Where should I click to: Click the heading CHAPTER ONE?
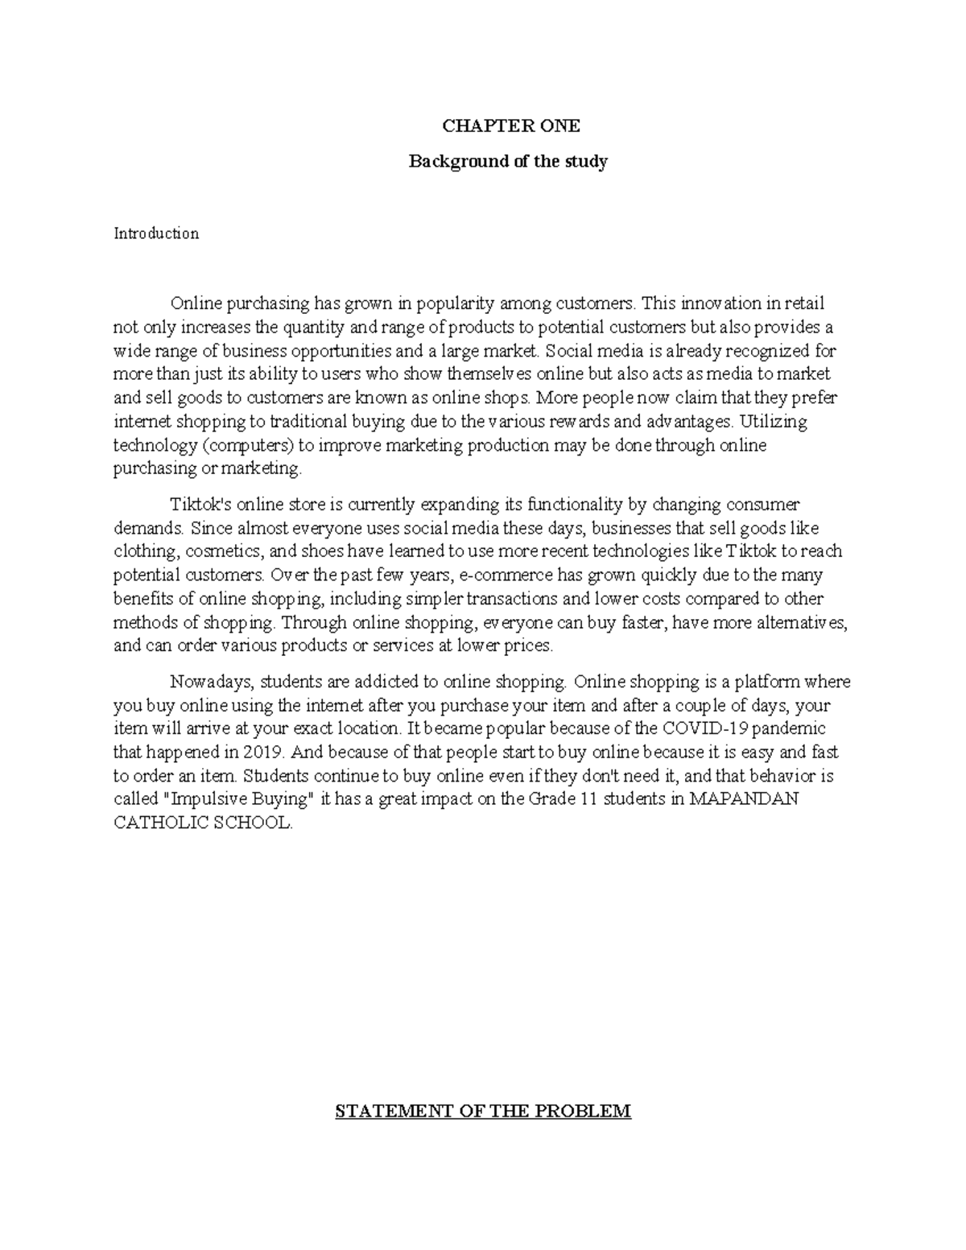tap(508, 126)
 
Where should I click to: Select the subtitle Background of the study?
tap(508, 161)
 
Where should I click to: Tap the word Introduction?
tap(156, 233)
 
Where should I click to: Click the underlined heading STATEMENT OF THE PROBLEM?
tap(483, 1112)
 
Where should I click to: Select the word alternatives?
tap(791, 622)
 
